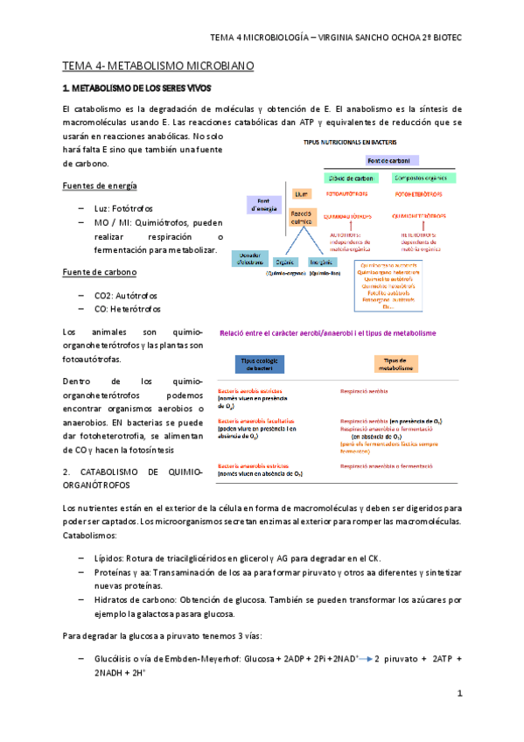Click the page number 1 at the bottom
[x=459, y=693]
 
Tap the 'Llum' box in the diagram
[x=302, y=194]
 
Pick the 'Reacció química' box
[x=302, y=218]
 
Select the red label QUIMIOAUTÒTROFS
[x=348, y=215]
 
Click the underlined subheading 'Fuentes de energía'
[x=99, y=186]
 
